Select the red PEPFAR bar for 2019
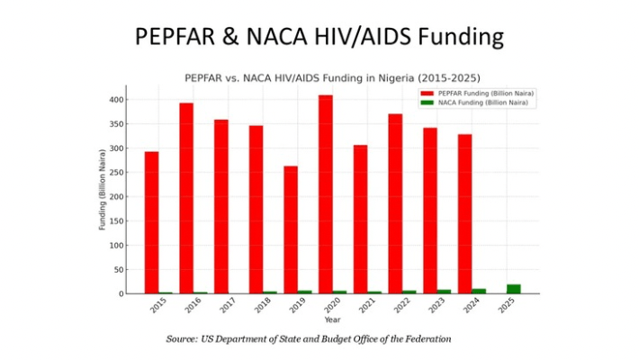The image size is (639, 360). pyautogui.click(x=291, y=229)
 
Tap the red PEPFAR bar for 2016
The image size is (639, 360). pyautogui.click(x=186, y=198)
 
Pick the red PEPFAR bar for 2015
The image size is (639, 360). pyautogui.click(x=151, y=222)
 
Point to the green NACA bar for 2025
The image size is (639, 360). pyautogui.click(x=513, y=289)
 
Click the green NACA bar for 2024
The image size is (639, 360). pyautogui.click(x=479, y=291)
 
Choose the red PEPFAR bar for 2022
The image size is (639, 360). pyautogui.click(x=395, y=203)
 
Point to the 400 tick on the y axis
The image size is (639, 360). pyautogui.click(x=116, y=99)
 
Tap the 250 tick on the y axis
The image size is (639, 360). pyautogui.click(x=116, y=172)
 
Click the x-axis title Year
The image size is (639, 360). pyautogui.click(x=332, y=319)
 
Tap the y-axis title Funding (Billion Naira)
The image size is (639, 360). pyautogui.click(x=103, y=190)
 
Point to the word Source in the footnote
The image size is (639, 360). pyautogui.click(x=184, y=338)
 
